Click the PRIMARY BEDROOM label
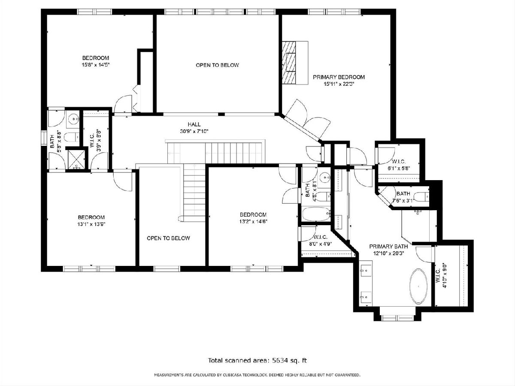coord(339,77)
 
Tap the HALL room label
coord(194,124)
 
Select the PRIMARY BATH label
coord(388,247)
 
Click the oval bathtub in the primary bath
coord(418,286)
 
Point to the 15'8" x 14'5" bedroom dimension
coord(96,65)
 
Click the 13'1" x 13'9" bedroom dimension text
coord(91,224)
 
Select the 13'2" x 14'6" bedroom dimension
coord(253,221)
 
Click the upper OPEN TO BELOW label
coord(217,65)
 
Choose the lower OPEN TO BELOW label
coord(168,238)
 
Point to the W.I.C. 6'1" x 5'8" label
coord(399,165)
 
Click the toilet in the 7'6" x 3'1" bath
coord(421,196)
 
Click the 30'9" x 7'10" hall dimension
coord(194,131)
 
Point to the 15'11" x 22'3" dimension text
coord(339,84)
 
